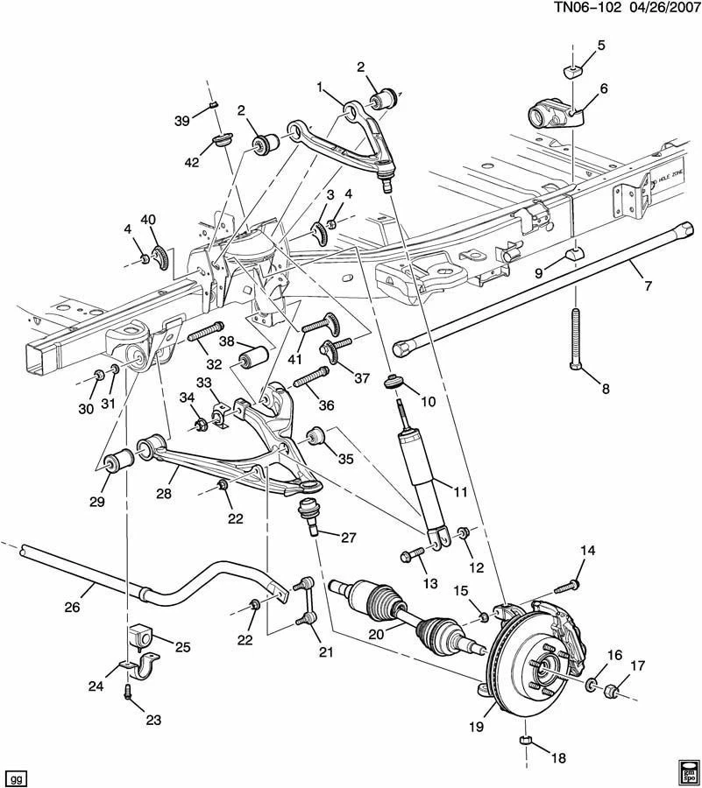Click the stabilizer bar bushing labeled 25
pos(141,637)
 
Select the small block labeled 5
pos(570,70)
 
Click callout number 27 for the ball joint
pos(349,538)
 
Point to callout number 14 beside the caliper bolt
pos(587,550)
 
